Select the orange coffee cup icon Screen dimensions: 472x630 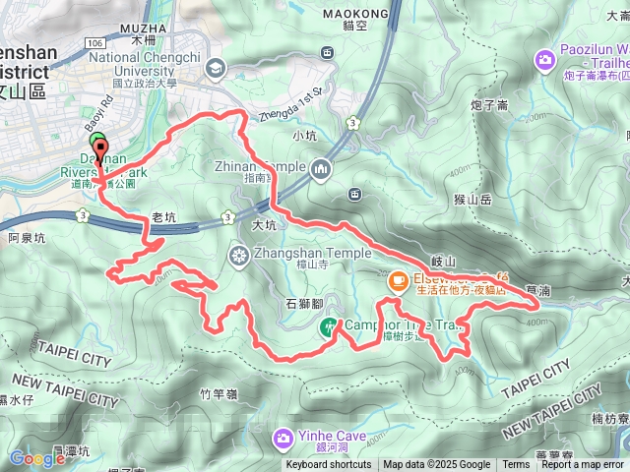click(x=398, y=281)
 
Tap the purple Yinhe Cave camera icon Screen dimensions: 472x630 click(x=283, y=436)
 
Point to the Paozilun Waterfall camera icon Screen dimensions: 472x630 click(x=543, y=61)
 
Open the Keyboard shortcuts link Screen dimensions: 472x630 click(x=329, y=465)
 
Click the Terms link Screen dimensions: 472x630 click(x=516, y=465)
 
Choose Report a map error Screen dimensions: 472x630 click(x=584, y=465)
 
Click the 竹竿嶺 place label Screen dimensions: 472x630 click(x=219, y=394)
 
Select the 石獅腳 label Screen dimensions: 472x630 click(x=304, y=305)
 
